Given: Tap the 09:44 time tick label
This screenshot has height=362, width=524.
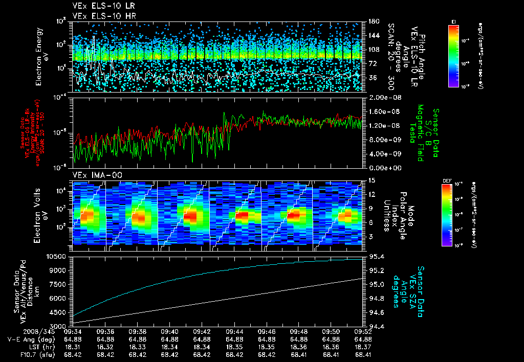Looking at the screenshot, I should (x=234, y=331).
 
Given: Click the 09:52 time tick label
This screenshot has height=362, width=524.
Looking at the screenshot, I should (x=363, y=331).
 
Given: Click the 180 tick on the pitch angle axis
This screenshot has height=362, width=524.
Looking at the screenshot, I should (x=373, y=21).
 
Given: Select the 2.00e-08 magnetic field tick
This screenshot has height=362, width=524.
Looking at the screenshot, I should (x=381, y=97).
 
